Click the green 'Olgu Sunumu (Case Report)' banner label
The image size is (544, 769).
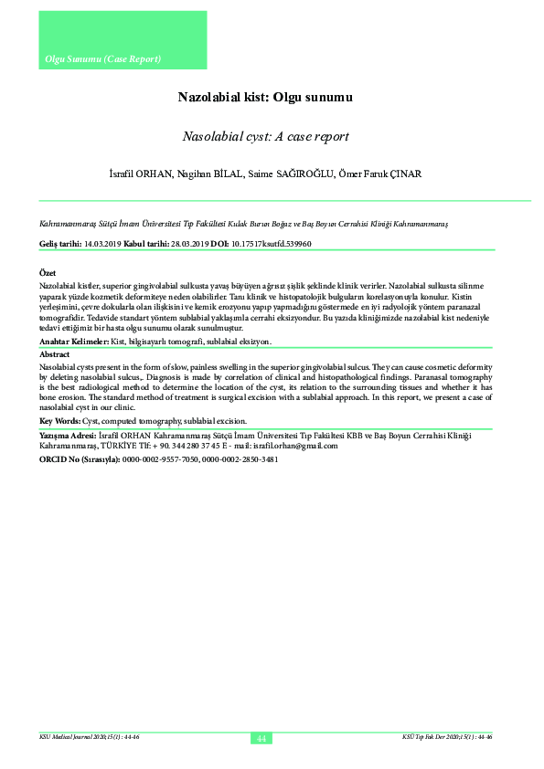(102, 59)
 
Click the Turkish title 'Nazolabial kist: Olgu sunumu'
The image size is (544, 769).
(265, 96)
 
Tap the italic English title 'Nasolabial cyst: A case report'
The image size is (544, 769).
(265, 137)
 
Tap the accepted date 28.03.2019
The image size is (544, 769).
(187, 245)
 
